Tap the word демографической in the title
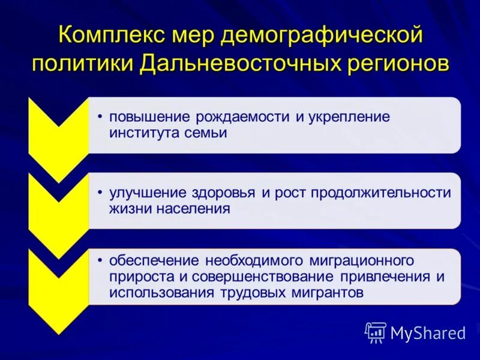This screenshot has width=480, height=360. [323, 35]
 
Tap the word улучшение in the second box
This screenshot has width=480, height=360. [146, 193]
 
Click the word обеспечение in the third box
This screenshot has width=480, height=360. [154, 261]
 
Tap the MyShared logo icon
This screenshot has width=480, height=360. [376, 332]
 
